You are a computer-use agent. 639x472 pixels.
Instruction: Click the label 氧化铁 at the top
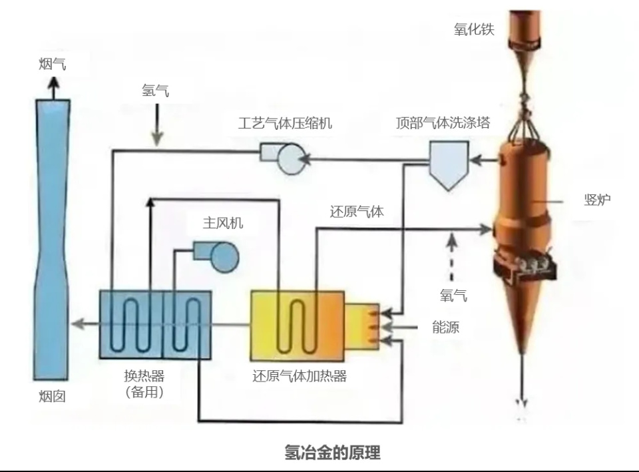click(x=474, y=29)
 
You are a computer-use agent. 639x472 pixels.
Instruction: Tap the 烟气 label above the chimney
click(x=52, y=64)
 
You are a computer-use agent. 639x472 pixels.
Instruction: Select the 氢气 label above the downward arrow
click(x=155, y=90)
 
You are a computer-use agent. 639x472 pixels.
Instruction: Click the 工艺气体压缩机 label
click(x=285, y=122)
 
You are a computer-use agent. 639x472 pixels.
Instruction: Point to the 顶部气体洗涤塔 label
click(x=443, y=122)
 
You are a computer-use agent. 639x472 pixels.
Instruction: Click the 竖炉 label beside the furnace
click(x=597, y=200)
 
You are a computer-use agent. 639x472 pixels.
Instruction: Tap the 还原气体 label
click(x=357, y=212)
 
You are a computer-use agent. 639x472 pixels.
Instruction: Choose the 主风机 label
click(x=223, y=222)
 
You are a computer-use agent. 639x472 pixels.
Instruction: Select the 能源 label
click(x=445, y=327)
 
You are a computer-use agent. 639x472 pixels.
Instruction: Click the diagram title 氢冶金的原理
click(x=332, y=453)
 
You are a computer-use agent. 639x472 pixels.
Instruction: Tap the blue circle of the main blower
click(x=224, y=257)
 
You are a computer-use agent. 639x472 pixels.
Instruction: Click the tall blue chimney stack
click(x=52, y=240)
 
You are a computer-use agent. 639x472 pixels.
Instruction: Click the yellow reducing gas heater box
click(x=298, y=326)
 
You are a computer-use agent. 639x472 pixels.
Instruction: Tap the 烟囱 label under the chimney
click(x=52, y=396)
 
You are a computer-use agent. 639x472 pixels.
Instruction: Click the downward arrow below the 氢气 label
click(x=157, y=124)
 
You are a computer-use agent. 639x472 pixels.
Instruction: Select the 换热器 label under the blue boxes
click(x=144, y=375)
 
